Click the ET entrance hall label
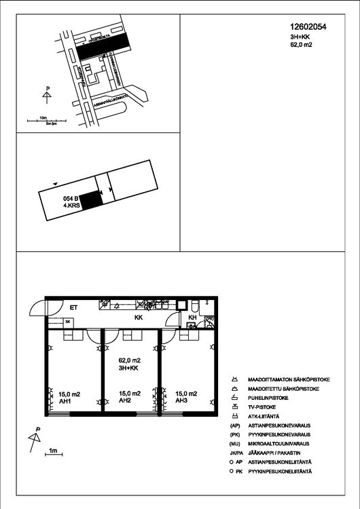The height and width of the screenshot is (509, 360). (74, 307)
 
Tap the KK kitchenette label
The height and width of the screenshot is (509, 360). (139, 317)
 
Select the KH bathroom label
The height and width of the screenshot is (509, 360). (192, 317)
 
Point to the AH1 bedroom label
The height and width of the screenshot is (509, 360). (57, 401)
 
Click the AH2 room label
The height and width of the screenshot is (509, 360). (125, 401)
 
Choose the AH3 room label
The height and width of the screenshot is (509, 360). (181, 401)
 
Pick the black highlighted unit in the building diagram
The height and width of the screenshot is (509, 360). (91, 200)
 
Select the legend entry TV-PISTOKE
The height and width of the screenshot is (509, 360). (265, 407)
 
